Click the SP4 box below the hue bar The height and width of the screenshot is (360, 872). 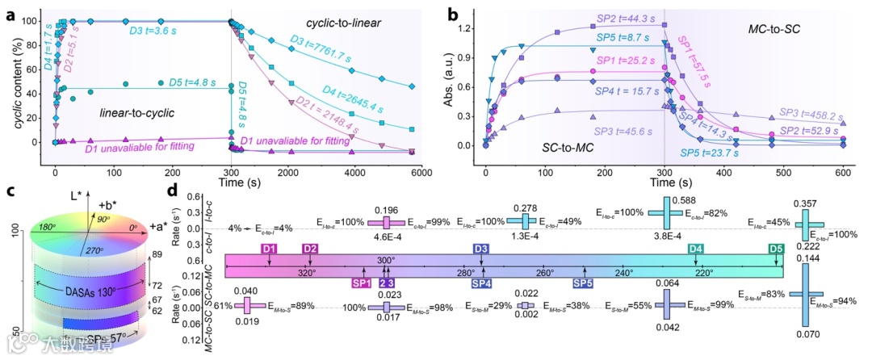click(x=481, y=283)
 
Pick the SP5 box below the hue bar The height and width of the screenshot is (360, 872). click(x=583, y=283)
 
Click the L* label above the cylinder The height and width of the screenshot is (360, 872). click(x=78, y=197)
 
